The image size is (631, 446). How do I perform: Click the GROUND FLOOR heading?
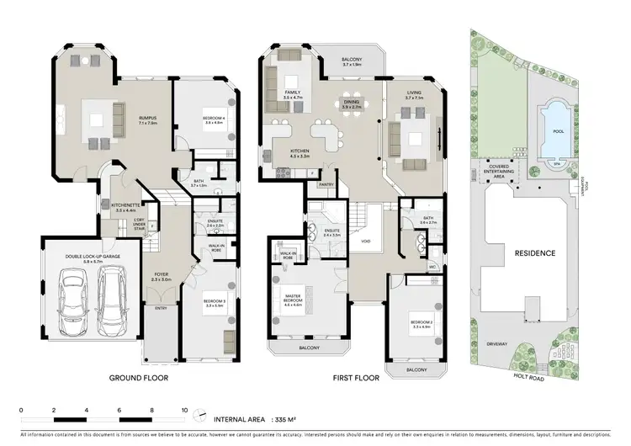tap(139, 379)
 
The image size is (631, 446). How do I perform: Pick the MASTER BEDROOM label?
tap(292, 298)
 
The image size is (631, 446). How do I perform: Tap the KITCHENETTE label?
tap(124, 206)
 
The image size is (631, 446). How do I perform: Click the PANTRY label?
tap(326, 183)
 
